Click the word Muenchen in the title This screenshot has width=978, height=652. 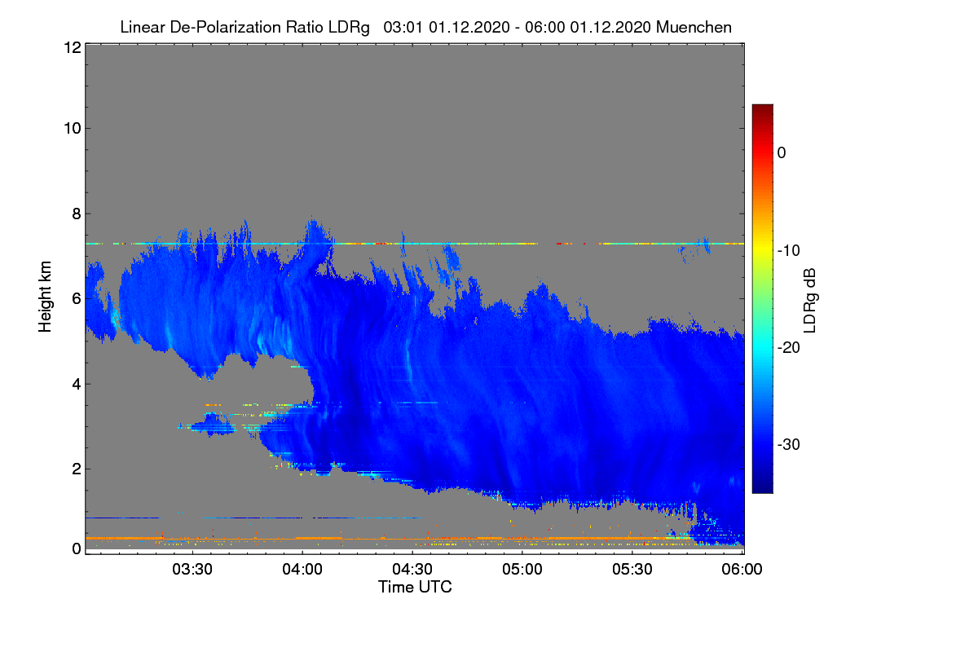694,28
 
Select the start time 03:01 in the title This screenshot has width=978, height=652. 403,28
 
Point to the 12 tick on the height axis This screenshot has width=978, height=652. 73,47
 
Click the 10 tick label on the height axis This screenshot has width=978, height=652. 73,129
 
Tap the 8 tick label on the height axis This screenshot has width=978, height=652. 77,214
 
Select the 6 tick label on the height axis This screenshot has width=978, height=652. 77,299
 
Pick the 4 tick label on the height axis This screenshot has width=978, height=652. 77,384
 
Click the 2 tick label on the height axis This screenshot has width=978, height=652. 77,469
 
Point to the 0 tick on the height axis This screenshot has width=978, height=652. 77,548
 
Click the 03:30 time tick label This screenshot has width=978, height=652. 192,569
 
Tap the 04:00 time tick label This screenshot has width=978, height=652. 302,569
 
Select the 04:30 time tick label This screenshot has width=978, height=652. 412,569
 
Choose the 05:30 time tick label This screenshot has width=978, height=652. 632,569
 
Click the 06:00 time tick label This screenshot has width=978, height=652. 742,569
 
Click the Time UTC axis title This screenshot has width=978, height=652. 415,587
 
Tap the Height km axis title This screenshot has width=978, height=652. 45,297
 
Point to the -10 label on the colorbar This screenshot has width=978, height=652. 789,251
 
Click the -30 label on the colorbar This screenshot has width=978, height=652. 789,444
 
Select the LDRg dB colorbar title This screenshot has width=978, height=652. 809,301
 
